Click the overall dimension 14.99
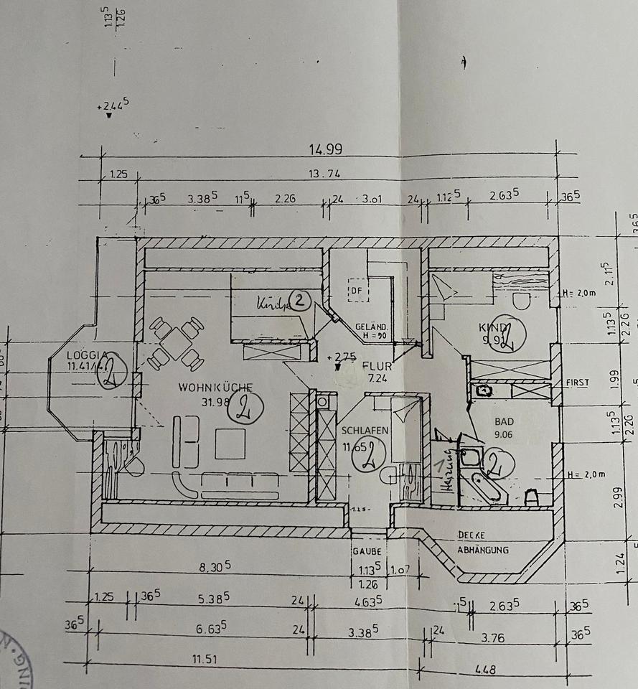click(x=325, y=150)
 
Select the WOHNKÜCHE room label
click(x=205, y=388)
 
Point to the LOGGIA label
click(x=87, y=355)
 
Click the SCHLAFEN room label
click(x=365, y=431)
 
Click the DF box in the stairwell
click(x=357, y=291)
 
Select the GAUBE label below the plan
click(x=365, y=551)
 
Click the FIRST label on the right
click(x=576, y=383)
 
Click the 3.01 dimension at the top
click(x=372, y=199)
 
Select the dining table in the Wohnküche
click(x=176, y=343)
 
